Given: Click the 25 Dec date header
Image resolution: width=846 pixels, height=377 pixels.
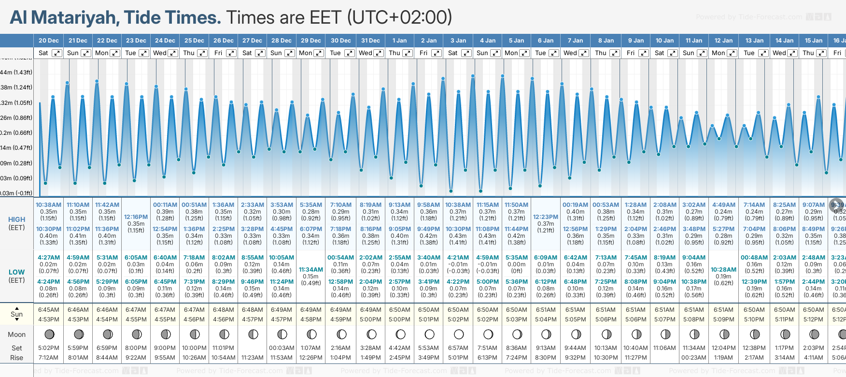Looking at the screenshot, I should click(194, 41).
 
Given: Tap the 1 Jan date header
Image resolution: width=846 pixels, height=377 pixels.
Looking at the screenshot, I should click(399, 41).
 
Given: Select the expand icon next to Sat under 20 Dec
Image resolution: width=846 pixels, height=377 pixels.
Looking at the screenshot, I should click(57, 53).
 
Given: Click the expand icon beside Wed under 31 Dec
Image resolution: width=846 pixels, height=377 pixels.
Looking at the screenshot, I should click(379, 53).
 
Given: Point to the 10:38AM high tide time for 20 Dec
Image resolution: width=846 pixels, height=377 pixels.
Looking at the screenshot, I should click(48, 205).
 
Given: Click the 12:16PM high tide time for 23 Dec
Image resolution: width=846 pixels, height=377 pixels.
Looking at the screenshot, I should click(136, 217).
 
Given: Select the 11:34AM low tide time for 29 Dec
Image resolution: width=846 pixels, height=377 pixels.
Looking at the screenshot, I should click(310, 270).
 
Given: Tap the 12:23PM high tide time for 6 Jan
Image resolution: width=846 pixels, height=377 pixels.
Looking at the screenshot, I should click(546, 217).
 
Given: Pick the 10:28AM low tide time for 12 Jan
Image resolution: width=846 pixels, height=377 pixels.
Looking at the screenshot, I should click(723, 270).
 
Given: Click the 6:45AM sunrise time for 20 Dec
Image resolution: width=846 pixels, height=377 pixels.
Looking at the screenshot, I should click(48, 310).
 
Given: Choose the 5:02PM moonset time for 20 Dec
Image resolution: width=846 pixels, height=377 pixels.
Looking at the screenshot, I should click(48, 348).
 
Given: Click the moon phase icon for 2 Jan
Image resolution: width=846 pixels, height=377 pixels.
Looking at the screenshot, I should click(429, 334).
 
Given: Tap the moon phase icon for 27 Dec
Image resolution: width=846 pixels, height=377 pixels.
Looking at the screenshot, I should click(253, 334).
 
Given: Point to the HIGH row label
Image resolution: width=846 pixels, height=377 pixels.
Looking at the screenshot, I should click(16, 219).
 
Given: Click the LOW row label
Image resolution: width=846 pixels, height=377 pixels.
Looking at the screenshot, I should click(16, 272).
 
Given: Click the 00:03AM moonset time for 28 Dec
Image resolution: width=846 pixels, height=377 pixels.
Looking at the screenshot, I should click(282, 348).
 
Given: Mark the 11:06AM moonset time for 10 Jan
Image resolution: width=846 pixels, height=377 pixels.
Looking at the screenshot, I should click(664, 348).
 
